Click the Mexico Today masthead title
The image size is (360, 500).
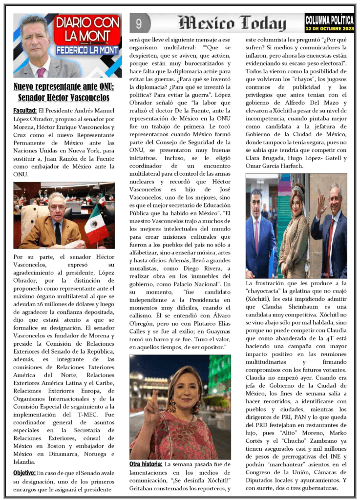pyautogui.click(x=232, y=23)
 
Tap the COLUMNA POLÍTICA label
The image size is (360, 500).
pyautogui.click(x=329, y=20)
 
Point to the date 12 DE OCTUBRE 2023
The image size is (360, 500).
pyautogui.click(x=329, y=29)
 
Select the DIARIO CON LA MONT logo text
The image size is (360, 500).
pyautogui.click(x=88, y=29)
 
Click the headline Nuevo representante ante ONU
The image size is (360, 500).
pyautogui.click(x=64, y=87)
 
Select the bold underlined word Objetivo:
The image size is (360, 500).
pyautogui.click(x=24, y=473)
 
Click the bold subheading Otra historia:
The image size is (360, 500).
pyautogui.click(x=146, y=464)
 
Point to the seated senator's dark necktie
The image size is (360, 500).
pyautogui.click(x=58, y=232)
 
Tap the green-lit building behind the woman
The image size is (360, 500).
pyautogui.click(x=219, y=376)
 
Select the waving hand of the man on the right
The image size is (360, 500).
pyautogui.click(x=321, y=205)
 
